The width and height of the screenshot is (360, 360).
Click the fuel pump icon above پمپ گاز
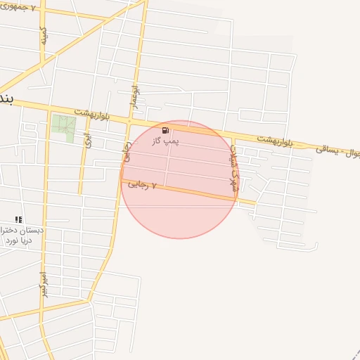(165, 130)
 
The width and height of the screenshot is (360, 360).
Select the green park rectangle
(63, 128)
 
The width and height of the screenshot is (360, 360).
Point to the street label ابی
(87, 140)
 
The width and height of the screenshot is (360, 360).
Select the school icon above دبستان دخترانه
(18, 219)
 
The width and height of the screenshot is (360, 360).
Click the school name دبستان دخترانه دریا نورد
(25, 235)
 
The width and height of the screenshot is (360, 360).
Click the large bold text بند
(6, 96)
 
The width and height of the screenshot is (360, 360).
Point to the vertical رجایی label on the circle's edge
(127, 151)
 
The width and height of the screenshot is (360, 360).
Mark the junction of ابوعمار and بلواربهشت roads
(130, 121)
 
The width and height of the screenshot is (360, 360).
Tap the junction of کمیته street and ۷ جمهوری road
(41, 11)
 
